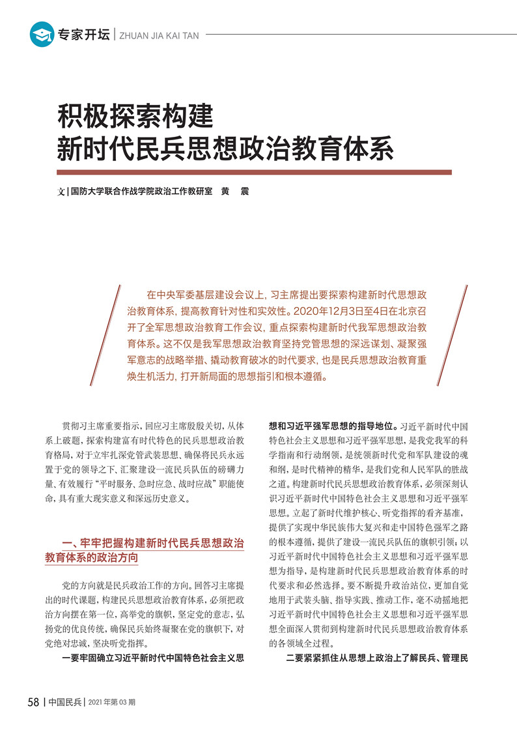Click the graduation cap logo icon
pos(42,35)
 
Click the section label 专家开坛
pos(83,35)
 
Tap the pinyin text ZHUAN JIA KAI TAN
pos(160,36)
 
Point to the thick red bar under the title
pos(254,172)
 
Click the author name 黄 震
pos(234,192)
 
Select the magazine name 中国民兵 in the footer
pos(65,703)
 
